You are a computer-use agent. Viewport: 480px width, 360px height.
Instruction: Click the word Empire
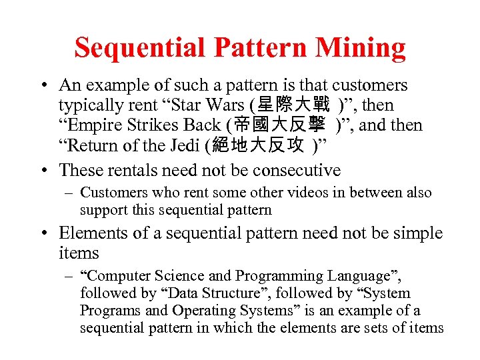91,125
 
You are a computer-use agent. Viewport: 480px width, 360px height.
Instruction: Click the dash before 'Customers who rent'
68,193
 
